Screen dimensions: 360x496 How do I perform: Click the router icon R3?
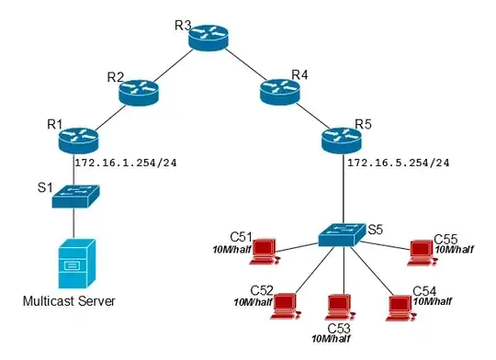pos(208,37)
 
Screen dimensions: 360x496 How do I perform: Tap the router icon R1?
pos(71,139)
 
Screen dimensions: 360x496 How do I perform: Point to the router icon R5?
pos(344,139)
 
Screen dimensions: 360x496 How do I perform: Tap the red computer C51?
pos(265,248)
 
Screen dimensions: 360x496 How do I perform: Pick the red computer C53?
pos(340,305)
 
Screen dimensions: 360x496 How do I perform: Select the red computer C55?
pos(422,249)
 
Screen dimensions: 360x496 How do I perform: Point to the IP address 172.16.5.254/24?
pos(399,164)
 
